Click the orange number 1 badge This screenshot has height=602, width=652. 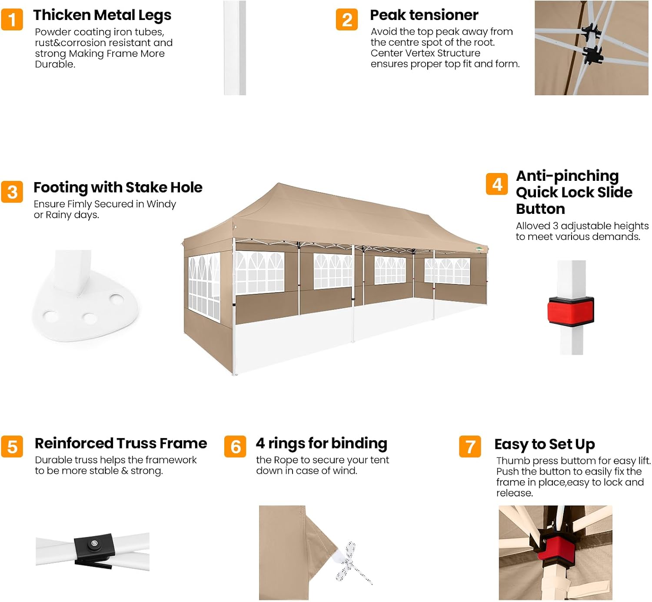pyautogui.click(x=12, y=20)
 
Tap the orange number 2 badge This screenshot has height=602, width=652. pyautogui.click(x=347, y=20)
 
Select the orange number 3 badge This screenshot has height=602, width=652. pyautogui.click(x=12, y=192)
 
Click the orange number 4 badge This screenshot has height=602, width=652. pyautogui.click(x=497, y=184)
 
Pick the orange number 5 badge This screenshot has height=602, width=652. pyautogui.click(x=12, y=447)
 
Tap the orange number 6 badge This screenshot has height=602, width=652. pyautogui.click(x=235, y=447)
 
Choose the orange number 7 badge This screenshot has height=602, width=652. pyautogui.click(x=470, y=447)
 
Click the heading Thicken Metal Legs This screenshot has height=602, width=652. pyautogui.click(x=102, y=16)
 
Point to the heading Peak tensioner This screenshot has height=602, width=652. pyautogui.click(x=424, y=15)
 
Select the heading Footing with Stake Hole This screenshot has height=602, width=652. pyautogui.click(x=118, y=187)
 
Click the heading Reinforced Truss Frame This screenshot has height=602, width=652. pyautogui.click(x=121, y=443)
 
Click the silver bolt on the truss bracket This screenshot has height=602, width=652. pyautogui.click(x=94, y=543)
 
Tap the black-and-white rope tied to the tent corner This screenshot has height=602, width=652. pyautogui.click(x=351, y=563)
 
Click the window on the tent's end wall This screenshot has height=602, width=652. pyautogui.click(x=204, y=287)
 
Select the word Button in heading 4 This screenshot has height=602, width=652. pyautogui.click(x=540, y=209)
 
